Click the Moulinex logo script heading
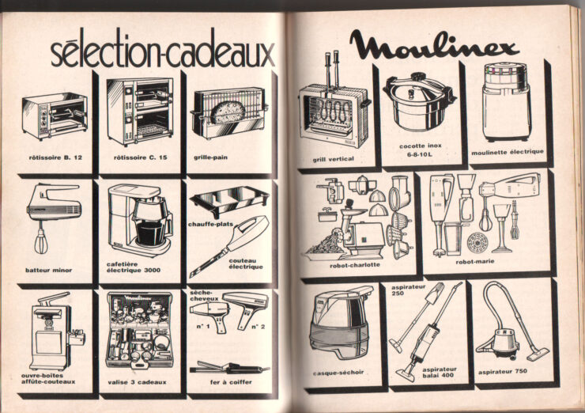tap(434, 46)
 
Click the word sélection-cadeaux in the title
tap(163, 51)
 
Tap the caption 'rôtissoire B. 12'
tap(55, 157)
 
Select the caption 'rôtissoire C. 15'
tap(140, 157)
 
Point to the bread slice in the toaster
tap(227, 112)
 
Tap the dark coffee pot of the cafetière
tap(150, 233)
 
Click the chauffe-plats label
tap(210, 225)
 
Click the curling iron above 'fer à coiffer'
tap(229, 368)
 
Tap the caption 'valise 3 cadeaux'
tap(137, 382)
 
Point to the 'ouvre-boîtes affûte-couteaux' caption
tap(48, 379)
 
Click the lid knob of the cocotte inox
tap(417, 78)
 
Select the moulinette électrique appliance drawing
tap(505, 101)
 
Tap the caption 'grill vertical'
tap(333, 159)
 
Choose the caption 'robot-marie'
tap(475, 262)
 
